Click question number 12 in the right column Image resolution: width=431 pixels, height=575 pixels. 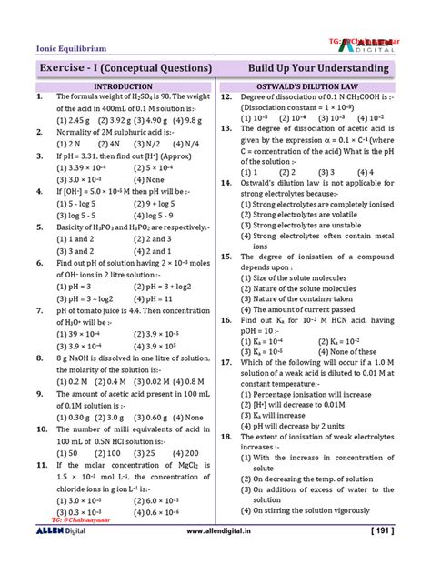coord(228,96)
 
